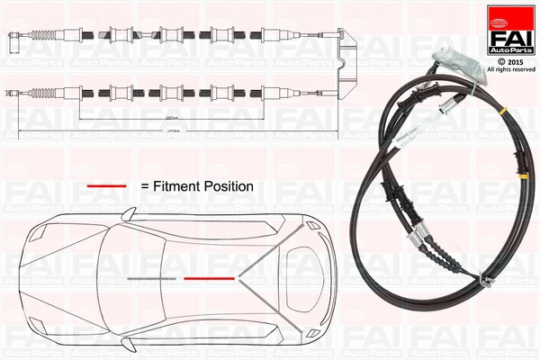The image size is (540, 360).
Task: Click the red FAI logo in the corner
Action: (x=510, y=30)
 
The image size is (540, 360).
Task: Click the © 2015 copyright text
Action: (x=510, y=60)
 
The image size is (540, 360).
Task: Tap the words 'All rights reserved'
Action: (x=510, y=68)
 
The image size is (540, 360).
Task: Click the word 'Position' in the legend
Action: (x=229, y=185)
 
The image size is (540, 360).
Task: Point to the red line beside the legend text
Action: (x=106, y=185)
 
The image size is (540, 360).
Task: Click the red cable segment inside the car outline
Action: (x=210, y=279)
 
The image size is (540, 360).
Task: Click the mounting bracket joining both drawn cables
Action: (x=345, y=65)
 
